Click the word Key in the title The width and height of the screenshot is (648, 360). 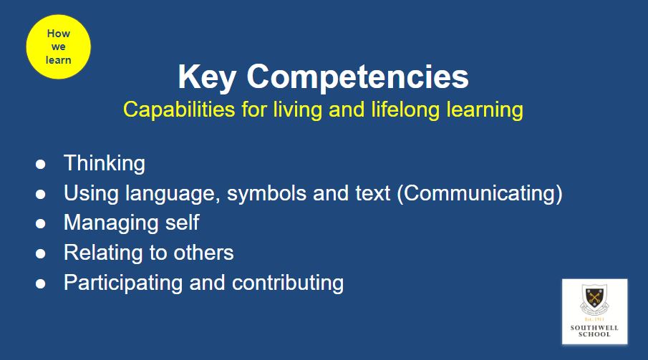207,77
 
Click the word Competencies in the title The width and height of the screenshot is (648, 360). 357,76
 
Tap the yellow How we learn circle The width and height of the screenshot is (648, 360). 58,47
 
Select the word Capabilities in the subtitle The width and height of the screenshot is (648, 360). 179,110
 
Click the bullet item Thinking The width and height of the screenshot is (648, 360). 105,163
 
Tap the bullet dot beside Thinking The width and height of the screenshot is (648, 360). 41,164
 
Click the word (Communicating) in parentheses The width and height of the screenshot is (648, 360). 480,193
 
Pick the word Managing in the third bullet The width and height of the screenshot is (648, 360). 111,223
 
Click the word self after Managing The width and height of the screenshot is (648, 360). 183,223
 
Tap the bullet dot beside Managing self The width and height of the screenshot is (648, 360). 41,223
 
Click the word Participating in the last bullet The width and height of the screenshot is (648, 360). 123,283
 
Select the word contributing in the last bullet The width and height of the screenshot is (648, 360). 288,283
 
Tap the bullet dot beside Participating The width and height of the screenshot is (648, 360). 41,283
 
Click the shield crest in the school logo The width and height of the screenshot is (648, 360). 594,298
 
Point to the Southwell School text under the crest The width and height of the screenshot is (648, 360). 594,331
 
